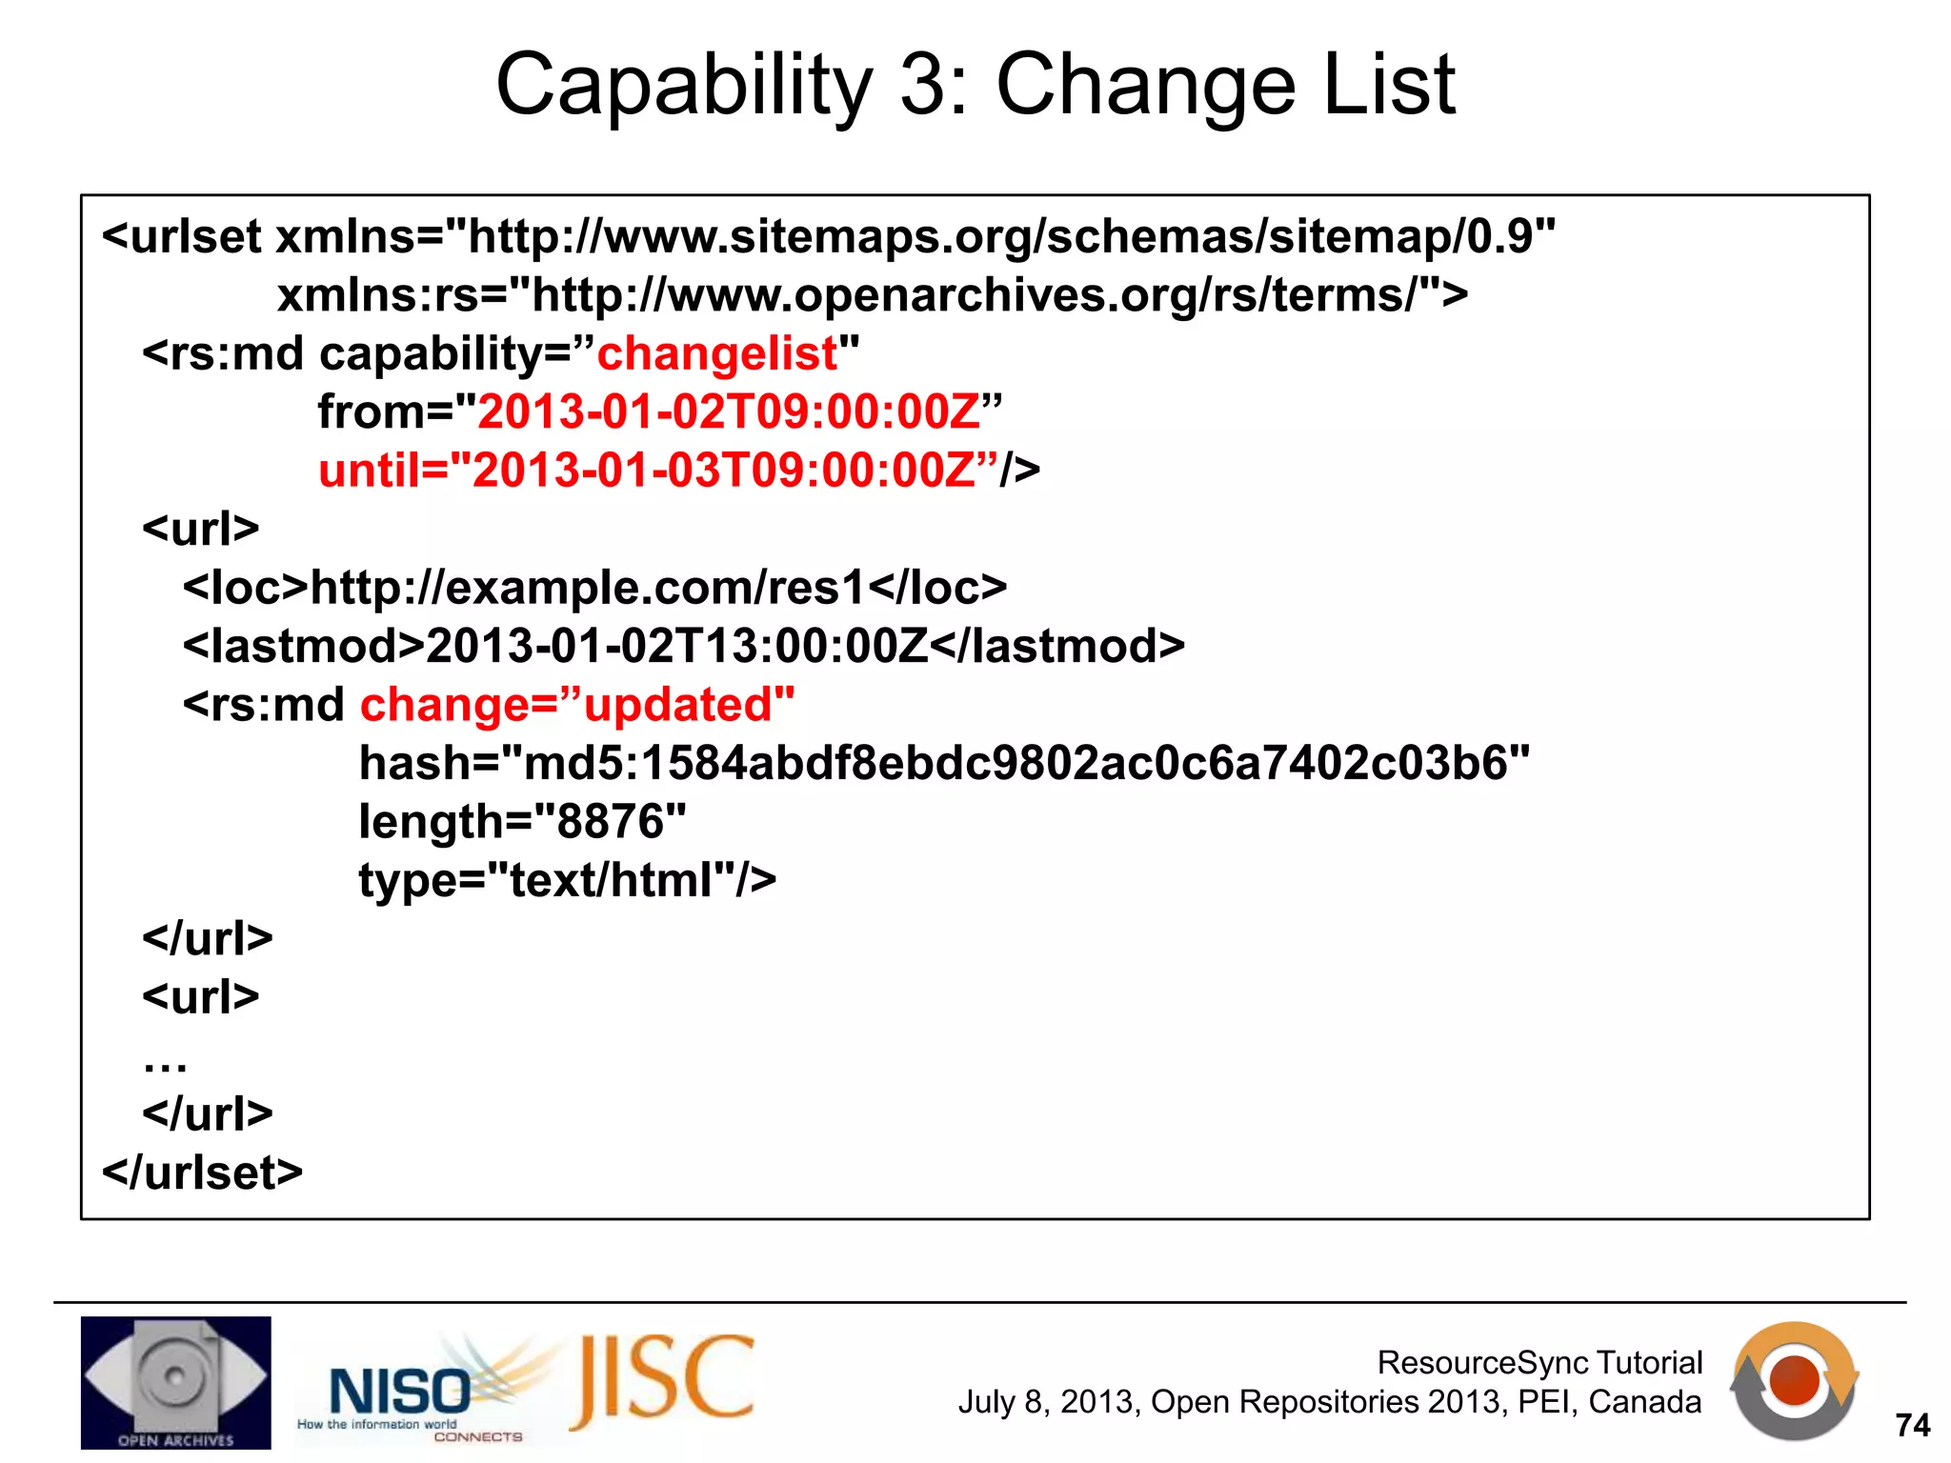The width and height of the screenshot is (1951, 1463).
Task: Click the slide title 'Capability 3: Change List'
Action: (975, 86)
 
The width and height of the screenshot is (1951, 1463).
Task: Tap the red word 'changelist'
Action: (716, 353)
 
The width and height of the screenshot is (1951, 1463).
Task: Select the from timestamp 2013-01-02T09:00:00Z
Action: (729, 412)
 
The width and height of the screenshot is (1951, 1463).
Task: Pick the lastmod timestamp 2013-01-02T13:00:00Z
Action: (676, 647)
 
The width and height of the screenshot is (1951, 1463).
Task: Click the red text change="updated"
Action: (577, 706)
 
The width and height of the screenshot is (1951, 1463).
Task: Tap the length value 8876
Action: (610, 822)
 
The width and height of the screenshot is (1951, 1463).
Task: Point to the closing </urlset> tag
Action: (202, 1172)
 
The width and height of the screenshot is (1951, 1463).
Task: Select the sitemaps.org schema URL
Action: (1010, 237)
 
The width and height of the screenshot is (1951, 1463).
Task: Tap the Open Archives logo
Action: (175, 1382)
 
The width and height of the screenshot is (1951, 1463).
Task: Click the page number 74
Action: (1912, 1425)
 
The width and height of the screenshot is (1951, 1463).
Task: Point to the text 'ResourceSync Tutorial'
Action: (1539, 1363)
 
